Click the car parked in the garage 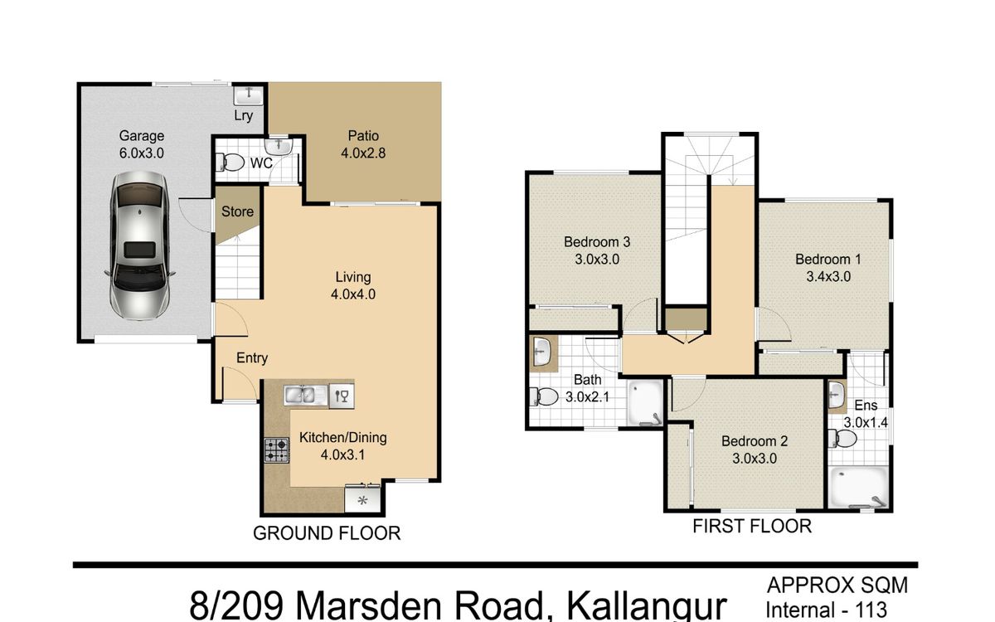140,245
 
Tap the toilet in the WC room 231,163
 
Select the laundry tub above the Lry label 249,95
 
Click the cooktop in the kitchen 277,450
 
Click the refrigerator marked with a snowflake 362,499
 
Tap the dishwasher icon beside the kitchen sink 342,396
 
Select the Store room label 237,211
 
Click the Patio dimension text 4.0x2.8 363,153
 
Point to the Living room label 352,277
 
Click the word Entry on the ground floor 252,358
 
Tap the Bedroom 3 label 596,242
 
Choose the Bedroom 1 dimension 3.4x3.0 828,277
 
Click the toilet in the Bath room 544,396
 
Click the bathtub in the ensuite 858,488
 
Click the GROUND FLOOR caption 327,533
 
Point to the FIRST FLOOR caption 752,526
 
